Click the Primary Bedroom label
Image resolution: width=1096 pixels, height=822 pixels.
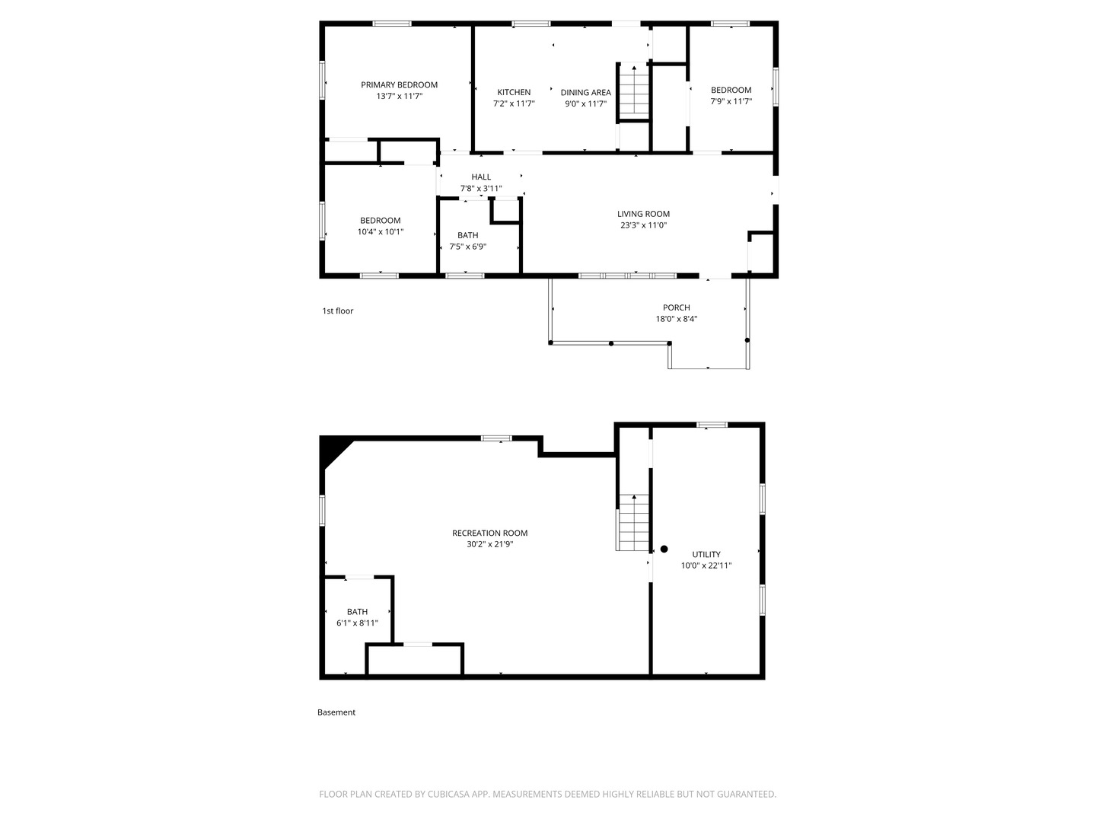pyautogui.click(x=399, y=84)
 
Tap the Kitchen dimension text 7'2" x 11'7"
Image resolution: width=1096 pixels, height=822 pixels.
pyautogui.click(x=514, y=104)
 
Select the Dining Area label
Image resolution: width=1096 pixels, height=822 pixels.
pyautogui.click(x=585, y=92)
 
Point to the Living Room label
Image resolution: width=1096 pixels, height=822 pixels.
pyautogui.click(x=643, y=214)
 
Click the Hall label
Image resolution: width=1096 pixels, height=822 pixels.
pyautogui.click(x=481, y=177)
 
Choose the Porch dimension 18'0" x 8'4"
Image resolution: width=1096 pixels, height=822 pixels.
pyautogui.click(x=676, y=319)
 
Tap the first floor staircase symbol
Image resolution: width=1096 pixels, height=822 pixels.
pyautogui.click(x=633, y=91)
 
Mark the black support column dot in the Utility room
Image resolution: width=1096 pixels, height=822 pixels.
pyautogui.click(x=664, y=549)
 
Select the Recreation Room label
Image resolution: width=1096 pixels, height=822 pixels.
pyautogui.click(x=489, y=533)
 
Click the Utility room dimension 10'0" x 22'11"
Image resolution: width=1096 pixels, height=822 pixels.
pyautogui.click(x=706, y=566)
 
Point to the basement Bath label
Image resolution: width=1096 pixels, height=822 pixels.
pyautogui.click(x=357, y=611)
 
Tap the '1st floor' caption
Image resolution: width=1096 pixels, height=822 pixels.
pyautogui.click(x=337, y=311)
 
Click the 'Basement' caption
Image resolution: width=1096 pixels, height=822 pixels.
pyautogui.click(x=336, y=712)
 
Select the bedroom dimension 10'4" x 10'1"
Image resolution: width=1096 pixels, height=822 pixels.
pyautogui.click(x=380, y=231)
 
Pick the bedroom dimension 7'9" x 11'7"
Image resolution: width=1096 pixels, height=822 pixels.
pyautogui.click(x=731, y=101)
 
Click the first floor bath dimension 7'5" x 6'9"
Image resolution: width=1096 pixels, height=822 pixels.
pyautogui.click(x=467, y=247)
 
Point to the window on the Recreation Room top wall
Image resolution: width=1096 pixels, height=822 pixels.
pyautogui.click(x=496, y=438)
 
